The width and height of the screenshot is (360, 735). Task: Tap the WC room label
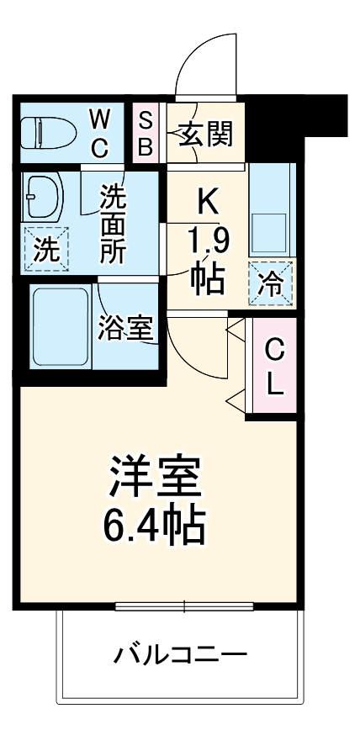[100, 132]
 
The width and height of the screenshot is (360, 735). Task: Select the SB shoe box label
[145, 132]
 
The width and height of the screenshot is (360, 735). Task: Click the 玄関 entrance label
[204, 132]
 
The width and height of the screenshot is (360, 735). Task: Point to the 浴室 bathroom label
[125, 327]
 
